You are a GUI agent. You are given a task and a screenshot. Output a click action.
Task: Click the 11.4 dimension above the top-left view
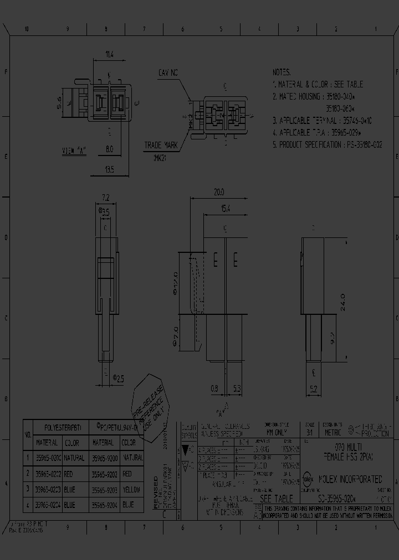(x=110, y=55)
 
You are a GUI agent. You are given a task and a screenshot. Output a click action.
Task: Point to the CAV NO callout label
(x=168, y=72)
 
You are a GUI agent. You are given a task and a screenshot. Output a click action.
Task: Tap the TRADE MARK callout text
(x=161, y=145)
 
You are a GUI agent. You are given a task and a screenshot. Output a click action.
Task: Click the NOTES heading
(x=282, y=72)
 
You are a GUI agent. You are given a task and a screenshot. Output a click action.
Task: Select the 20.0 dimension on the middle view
(x=219, y=192)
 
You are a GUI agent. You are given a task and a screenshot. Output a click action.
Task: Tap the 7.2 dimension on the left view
(x=106, y=197)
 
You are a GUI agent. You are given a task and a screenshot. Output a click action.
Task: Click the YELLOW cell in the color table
(x=131, y=490)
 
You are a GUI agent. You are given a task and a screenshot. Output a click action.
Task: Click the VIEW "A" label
(x=75, y=149)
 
